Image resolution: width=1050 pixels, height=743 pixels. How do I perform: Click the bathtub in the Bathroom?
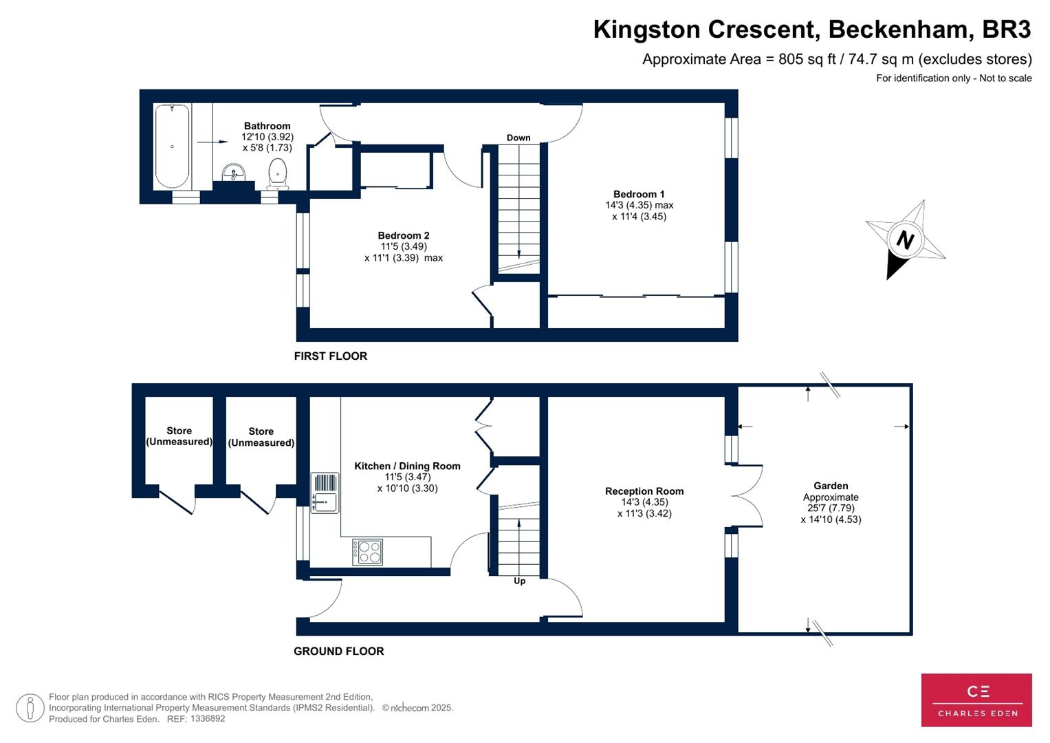pyautogui.click(x=172, y=147)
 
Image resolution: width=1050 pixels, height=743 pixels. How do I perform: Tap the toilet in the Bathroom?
pyautogui.click(x=277, y=173)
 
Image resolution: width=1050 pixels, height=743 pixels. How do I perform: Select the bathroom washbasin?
pyautogui.click(x=234, y=172)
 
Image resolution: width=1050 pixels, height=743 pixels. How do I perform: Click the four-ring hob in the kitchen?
pyautogui.click(x=368, y=552)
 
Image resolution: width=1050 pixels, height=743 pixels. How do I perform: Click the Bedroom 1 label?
pyautogui.click(x=639, y=195)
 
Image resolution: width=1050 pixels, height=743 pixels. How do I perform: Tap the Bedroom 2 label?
pyautogui.click(x=404, y=236)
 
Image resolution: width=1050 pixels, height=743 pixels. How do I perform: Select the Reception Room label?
pyautogui.click(x=644, y=491)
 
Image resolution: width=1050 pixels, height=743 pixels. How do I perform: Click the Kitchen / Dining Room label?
pyautogui.click(x=407, y=466)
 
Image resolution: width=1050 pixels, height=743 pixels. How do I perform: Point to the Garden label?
pyautogui.click(x=831, y=486)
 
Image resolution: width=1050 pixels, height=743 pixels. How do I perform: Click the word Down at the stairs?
pyautogui.click(x=518, y=138)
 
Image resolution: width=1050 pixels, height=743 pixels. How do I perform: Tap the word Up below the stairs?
pyautogui.click(x=520, y=581)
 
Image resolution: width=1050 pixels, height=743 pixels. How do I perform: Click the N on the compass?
pyautogui.click(x=905, y=240)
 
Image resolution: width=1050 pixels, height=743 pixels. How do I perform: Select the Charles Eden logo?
pyautogui.click(x=976, y=700)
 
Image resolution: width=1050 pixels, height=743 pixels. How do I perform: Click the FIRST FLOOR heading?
pyautogui.click(x=330, y=356)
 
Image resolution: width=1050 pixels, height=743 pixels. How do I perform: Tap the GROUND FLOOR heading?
pyautogui.click(x=338, y=652)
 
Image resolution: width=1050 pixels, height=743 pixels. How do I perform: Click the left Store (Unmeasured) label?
pyautogui.click(x=179, y=436)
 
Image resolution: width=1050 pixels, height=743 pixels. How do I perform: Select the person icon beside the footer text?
pyautogui.click(x=30, y=708)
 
